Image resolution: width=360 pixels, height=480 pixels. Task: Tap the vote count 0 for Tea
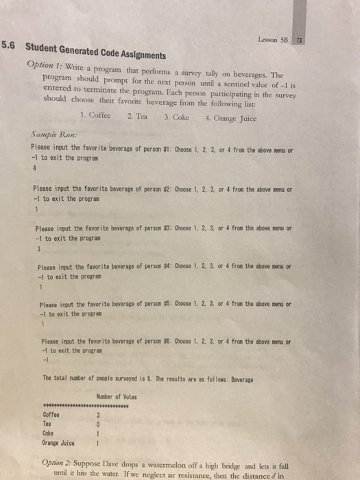coord(100,424)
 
